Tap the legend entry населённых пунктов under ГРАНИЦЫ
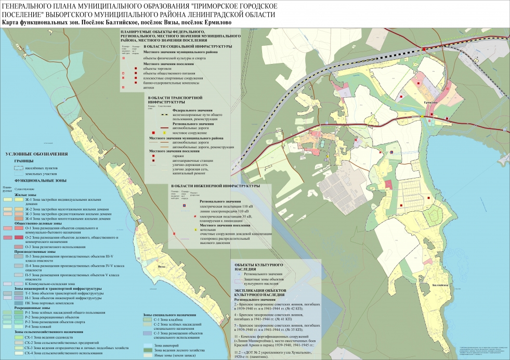click(47, 169)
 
